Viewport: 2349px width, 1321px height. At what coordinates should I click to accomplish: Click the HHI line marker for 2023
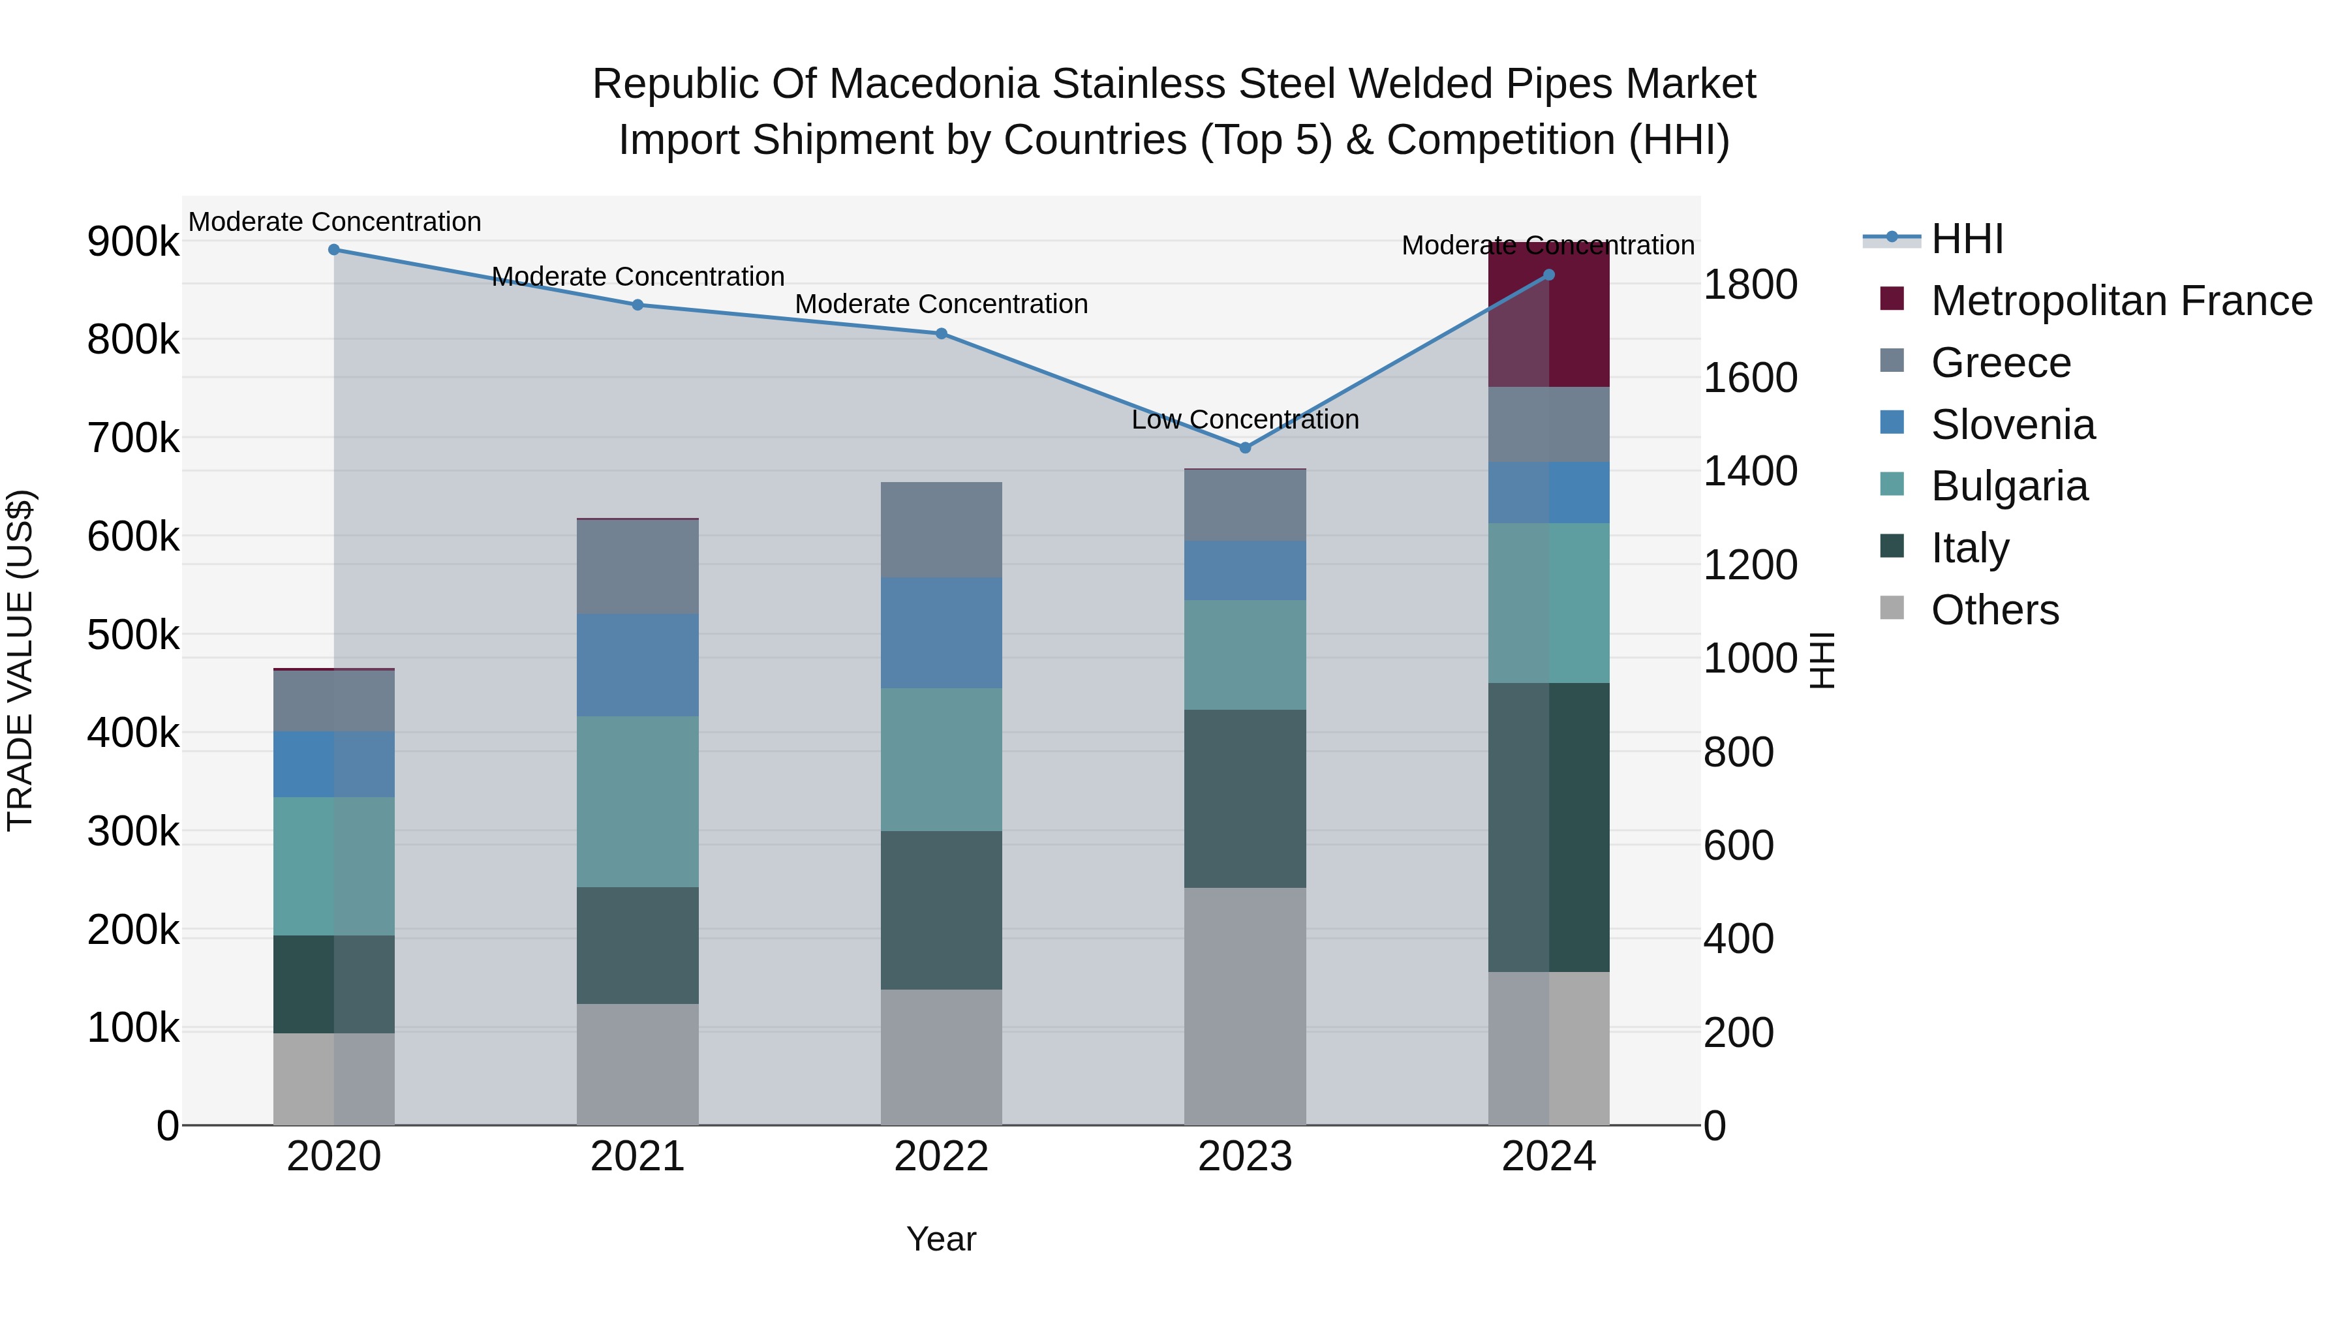[1245, 448]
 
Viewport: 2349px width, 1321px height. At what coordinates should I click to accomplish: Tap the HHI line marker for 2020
[333, 250]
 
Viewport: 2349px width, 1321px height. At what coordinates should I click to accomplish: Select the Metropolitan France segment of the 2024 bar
[1548, 316]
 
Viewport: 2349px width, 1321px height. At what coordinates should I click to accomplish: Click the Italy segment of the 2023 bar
[1245, 798]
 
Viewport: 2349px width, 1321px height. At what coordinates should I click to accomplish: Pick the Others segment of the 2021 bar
[637, 1064]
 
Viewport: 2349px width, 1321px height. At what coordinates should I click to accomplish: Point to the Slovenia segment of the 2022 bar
[941, 633]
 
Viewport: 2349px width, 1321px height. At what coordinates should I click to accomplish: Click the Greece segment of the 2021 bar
[637, 566]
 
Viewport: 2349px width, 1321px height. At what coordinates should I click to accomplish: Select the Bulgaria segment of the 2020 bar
[333, 866]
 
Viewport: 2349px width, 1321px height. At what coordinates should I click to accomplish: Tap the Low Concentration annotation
[1245, 419]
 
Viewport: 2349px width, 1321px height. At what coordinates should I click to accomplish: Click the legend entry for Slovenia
[2012, 425]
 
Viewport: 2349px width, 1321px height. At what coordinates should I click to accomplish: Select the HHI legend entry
[1966, 239]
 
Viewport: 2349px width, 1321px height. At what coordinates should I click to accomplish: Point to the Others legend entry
[1994, 610]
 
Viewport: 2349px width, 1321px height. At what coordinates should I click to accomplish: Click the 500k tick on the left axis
[133, 635]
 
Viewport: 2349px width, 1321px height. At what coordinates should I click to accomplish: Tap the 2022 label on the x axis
[941, 1157]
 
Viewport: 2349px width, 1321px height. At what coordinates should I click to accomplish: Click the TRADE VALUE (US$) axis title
[20, 660]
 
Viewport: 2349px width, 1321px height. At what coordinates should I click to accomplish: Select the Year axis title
[941, 1239]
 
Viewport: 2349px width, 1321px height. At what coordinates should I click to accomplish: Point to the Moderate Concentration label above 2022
[941, 303]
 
